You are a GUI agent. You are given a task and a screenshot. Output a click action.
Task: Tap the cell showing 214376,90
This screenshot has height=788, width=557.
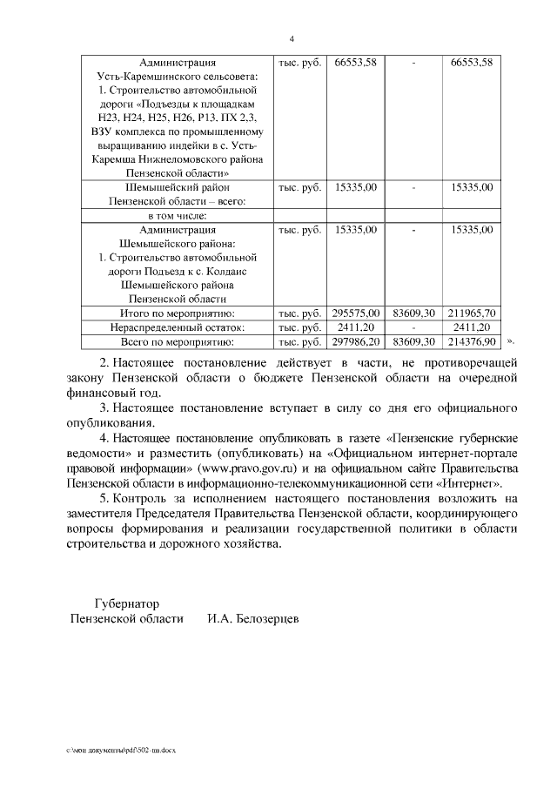tap(472, 341)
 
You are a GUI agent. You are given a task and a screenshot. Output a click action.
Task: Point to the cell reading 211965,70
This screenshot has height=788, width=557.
tap(472, 313)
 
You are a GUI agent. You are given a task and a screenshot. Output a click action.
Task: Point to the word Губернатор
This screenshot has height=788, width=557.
tap(127, 603)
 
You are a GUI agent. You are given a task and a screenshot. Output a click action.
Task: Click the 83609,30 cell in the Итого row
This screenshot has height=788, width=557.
tap(413, 313)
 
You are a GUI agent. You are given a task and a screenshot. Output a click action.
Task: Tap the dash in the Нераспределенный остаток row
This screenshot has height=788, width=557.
tap(413, 327)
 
